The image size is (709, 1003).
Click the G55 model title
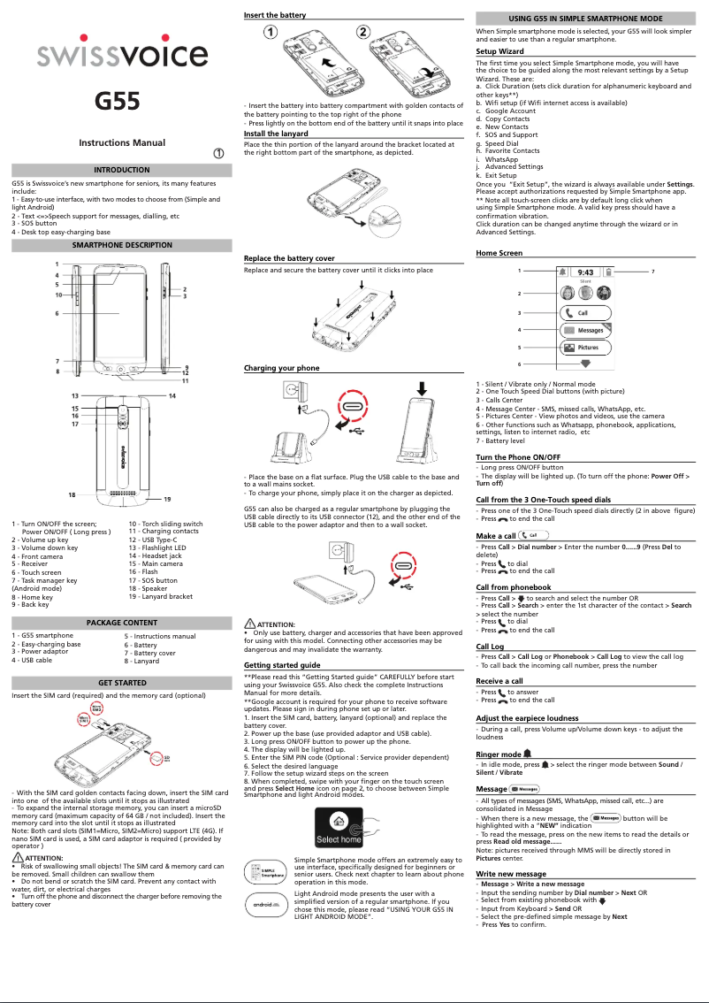click(118, 101)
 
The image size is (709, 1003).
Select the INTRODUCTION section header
click(122, 170)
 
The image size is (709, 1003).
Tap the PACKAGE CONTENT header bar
click(122, 623)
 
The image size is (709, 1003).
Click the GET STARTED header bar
click(122, 683)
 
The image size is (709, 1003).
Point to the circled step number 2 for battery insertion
click(363, 33)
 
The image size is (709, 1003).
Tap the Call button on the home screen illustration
click(584, 312)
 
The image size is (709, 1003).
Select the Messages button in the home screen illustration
click(584, 330)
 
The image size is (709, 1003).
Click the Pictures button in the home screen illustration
click(584, 348)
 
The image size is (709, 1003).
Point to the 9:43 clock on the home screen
click(585, 272)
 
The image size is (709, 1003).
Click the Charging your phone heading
click(281, 367)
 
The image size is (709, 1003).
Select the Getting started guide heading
click(281, 664)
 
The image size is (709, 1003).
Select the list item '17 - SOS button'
click(152, 580)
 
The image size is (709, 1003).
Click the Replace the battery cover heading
click(289, 258)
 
